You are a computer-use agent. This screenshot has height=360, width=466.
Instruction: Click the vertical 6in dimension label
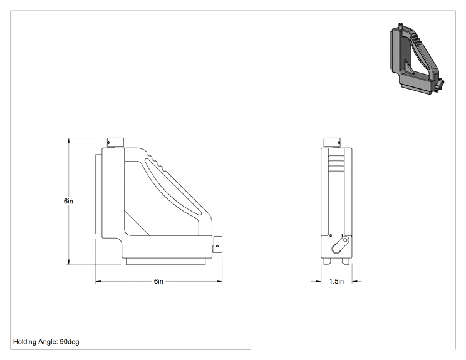[x=68, y=201]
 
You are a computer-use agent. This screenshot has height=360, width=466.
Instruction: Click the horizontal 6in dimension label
[x=158, y=281]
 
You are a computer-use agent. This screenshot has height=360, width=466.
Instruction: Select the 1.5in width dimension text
[x=336, y=281]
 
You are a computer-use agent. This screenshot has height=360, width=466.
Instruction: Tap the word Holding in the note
[x=24, y=342]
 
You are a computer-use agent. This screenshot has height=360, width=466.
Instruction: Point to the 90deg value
[x=70, y=342]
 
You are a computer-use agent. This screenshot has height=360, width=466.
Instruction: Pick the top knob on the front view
[x=115, y=142]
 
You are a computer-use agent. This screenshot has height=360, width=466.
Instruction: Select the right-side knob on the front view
[x=217, y=244]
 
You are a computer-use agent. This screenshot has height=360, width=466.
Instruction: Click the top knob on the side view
[x=332, y=142]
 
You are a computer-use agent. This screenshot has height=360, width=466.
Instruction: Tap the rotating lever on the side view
[x=340, y=245]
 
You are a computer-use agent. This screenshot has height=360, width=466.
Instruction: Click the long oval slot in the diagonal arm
[x=172, y=187]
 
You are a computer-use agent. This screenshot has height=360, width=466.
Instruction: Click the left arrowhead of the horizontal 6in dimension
[x=99, y=281]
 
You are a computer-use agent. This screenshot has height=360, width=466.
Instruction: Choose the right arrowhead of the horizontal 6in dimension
[x=219, y=281]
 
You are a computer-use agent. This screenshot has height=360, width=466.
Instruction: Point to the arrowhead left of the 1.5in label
[x=318, y=281]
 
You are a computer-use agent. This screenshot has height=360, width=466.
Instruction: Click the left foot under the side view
[x=327, y=261]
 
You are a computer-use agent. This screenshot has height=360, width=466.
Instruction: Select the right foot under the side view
[x=346, y=261]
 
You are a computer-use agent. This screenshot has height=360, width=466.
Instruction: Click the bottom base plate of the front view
[x=166, y=262]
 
